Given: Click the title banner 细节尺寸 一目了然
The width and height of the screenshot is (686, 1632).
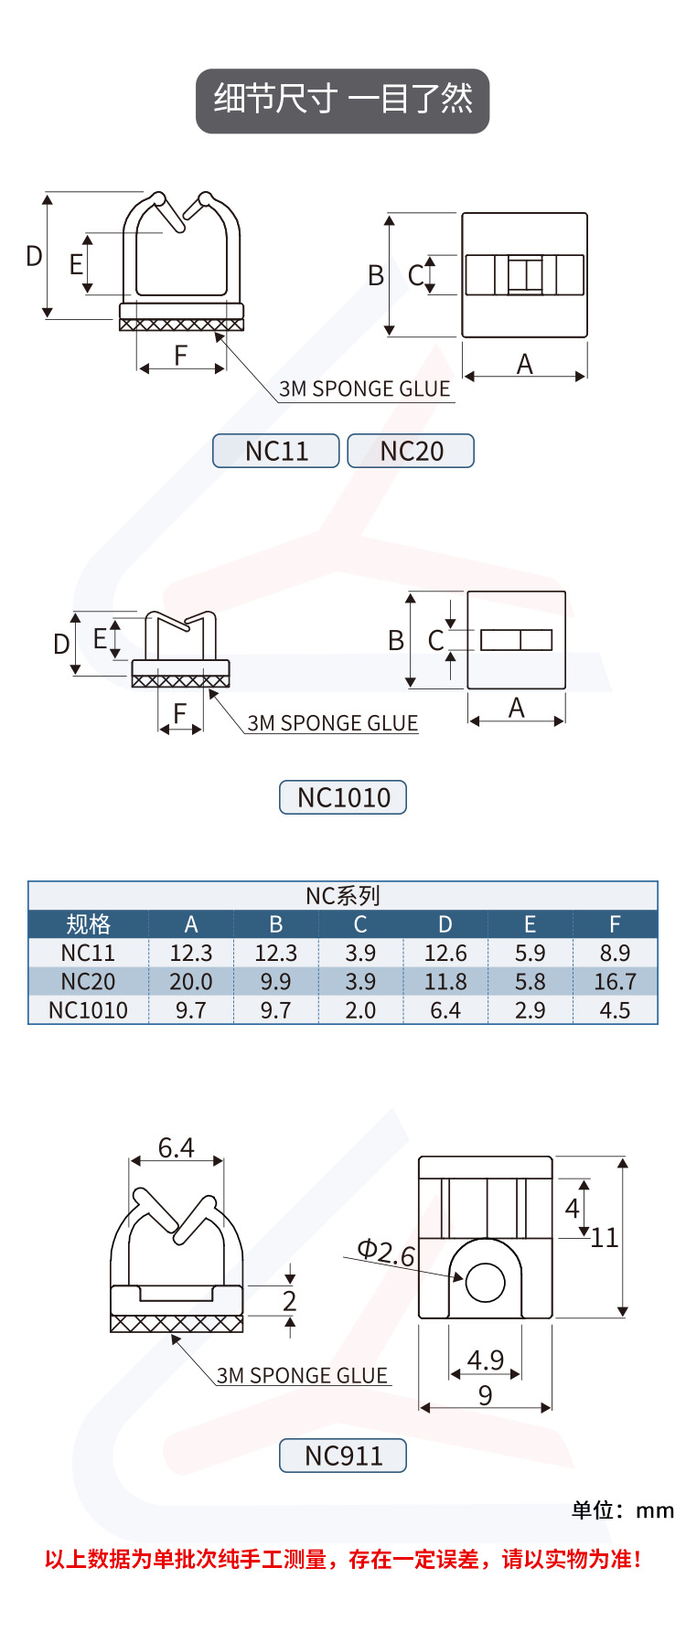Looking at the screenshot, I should point(342,101).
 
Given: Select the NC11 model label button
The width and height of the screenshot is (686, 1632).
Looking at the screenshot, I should point(276,451).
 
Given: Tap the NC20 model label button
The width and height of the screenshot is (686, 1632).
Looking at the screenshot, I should point(411,451).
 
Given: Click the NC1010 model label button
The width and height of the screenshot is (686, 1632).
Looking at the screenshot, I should point(343,797).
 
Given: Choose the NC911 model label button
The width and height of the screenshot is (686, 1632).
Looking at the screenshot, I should point(343,1456).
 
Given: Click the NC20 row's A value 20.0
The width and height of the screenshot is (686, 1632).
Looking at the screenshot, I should point(191,982).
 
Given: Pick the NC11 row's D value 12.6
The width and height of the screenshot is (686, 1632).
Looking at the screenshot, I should point(445,954).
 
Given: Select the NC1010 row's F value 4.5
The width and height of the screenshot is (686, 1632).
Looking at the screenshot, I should point(615,1010).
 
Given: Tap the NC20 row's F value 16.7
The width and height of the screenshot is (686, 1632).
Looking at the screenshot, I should point(615,982).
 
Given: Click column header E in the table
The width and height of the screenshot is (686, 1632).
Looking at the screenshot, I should point(530,924).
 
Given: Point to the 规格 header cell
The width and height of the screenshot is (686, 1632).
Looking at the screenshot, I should point(88,924).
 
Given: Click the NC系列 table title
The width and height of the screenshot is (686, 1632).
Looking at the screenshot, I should point(343,896).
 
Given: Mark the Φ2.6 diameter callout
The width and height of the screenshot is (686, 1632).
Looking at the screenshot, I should point(385,1252).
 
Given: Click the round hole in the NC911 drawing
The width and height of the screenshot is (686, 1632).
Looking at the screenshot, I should point(485,1283).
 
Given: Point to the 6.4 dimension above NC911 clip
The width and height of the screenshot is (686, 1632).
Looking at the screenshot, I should point(176,1147).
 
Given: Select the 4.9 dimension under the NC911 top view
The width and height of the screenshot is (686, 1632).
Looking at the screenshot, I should point(485,1360).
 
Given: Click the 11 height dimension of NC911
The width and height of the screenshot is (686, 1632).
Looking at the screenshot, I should point(605,1238).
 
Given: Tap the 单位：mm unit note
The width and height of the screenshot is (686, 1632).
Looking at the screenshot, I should point(622,1510).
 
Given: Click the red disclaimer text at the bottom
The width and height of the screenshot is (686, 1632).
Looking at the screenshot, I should point(343,1559).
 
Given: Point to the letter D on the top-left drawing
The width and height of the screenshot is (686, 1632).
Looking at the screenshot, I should point(34,256).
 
